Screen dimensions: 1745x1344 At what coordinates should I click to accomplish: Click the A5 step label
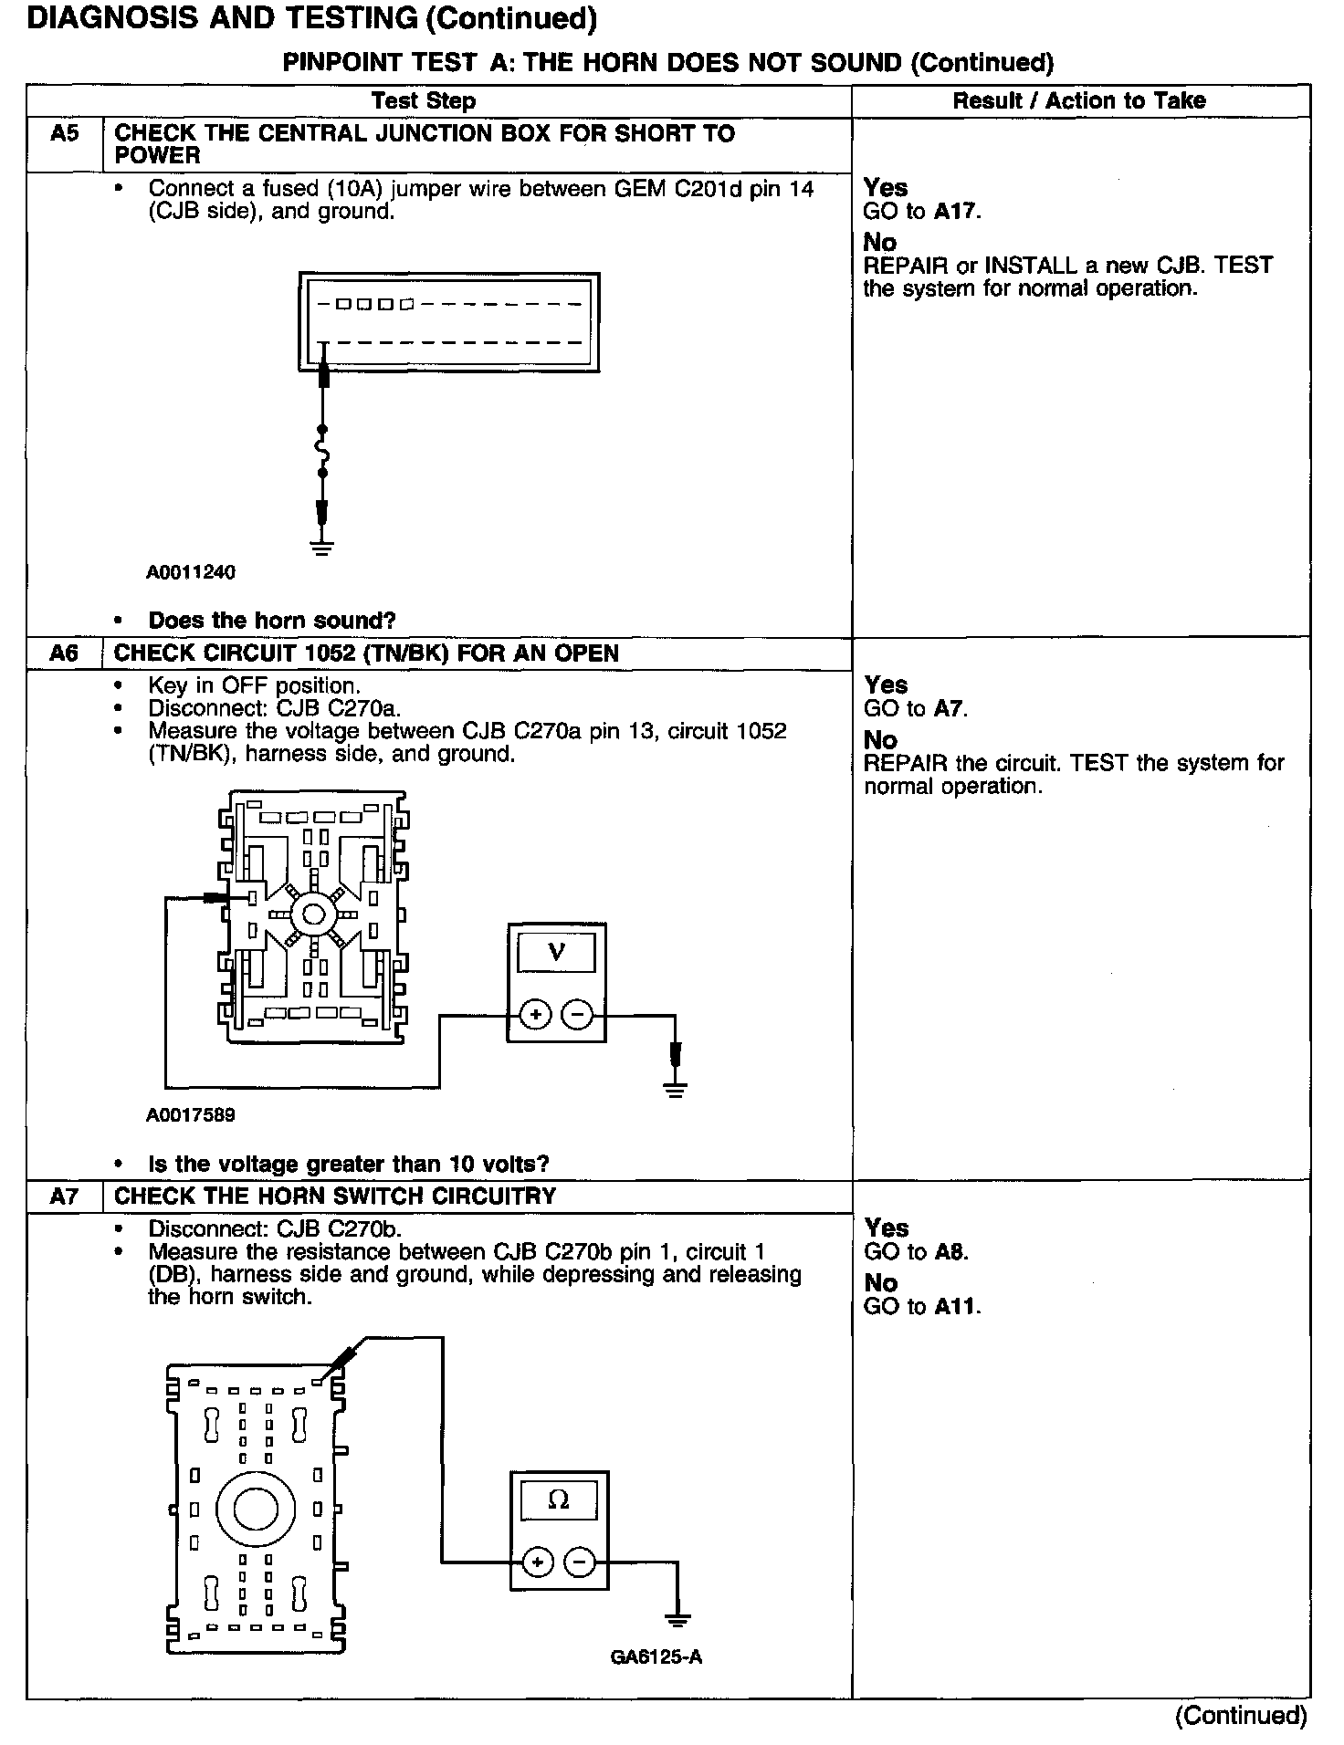64,133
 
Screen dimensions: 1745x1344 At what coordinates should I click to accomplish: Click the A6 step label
64,653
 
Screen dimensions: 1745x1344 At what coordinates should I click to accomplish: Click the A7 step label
64,1196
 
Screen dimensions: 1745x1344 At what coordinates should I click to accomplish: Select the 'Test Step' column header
423,100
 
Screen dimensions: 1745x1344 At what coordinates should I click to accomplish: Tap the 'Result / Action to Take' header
1078,100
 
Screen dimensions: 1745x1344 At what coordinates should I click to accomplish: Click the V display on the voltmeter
556,953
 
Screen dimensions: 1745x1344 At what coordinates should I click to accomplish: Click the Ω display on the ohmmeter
558,1500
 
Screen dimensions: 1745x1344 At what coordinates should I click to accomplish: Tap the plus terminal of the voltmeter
536,1015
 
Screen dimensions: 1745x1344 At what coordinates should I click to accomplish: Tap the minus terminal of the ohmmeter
580,1563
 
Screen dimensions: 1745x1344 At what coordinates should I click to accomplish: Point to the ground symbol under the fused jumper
321,548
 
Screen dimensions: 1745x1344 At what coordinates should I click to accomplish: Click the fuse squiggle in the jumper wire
321,452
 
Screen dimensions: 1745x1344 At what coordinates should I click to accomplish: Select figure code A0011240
190,572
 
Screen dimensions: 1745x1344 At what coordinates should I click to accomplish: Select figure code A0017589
190,1114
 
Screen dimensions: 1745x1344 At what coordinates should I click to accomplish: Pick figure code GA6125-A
656,1656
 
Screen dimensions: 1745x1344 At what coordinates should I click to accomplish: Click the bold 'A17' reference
955,212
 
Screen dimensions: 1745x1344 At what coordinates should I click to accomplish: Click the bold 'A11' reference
956,1306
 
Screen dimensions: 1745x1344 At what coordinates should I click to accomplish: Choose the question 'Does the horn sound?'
272,621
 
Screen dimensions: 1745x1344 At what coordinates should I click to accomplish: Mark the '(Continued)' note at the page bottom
1241,1715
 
